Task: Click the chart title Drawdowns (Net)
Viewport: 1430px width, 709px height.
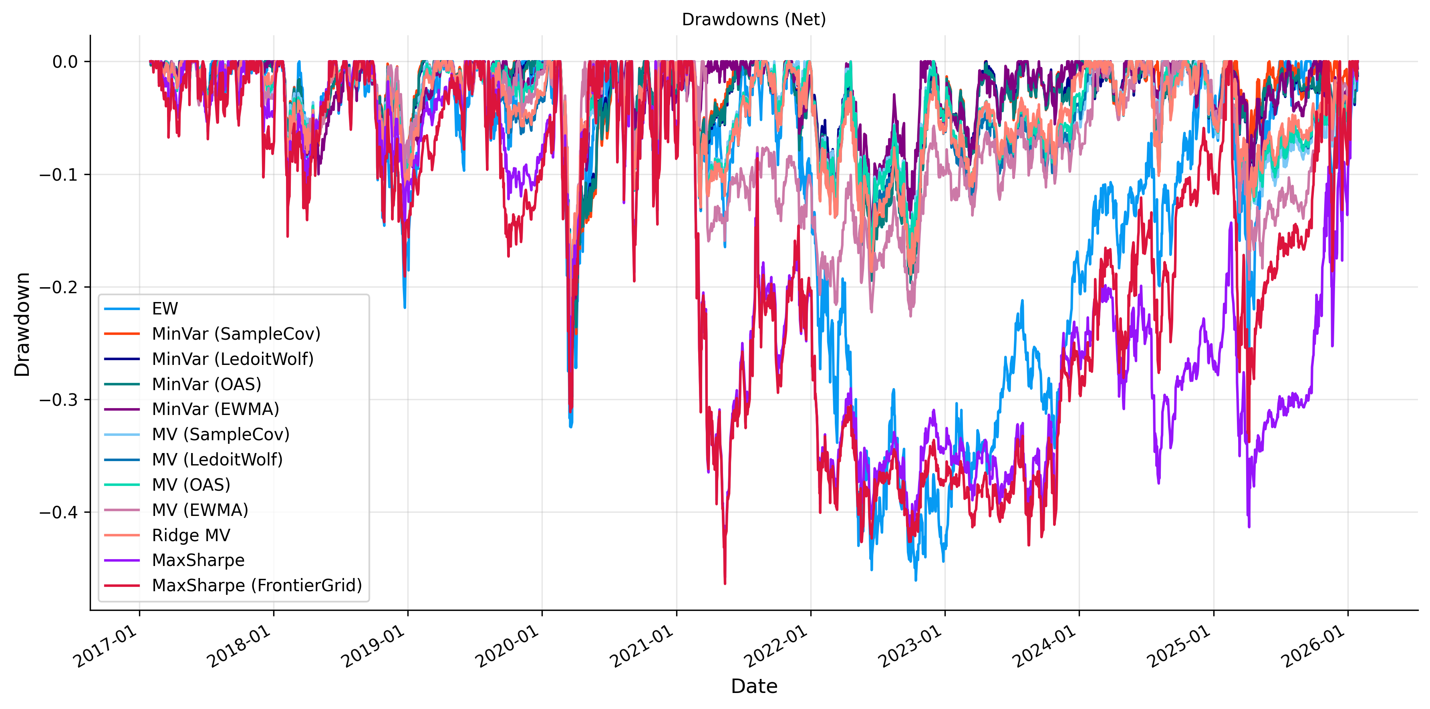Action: pos(753,20)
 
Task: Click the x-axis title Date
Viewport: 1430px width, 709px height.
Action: pos(754,686)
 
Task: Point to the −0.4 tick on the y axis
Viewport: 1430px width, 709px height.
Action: pos(58,512)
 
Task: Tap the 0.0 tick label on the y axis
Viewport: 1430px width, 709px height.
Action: pos(65,62)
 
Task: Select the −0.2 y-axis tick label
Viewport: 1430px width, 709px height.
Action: pos(58,287)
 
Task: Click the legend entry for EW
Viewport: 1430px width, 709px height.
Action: pos(165,309)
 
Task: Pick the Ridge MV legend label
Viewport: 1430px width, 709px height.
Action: pos(191,535)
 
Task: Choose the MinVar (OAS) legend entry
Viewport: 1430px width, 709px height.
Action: pos(207,384)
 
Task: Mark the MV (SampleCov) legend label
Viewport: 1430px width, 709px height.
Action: pos(220,435)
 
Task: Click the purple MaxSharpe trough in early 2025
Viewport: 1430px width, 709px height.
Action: pos(1249,526)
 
